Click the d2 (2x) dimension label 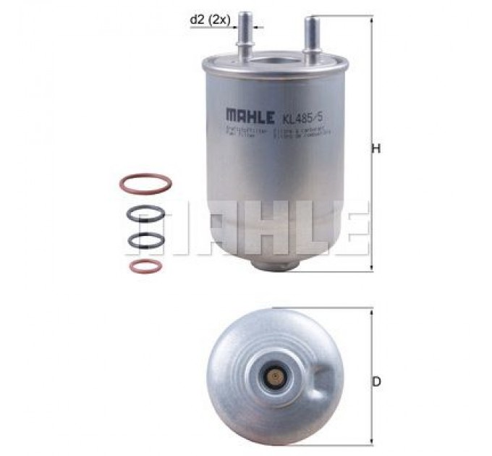point(209,21)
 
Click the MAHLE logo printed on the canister point(250,115)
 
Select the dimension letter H point(376,149)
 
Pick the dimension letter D point(377,381)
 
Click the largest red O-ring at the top point(145,183)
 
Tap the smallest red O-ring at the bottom point(145,266)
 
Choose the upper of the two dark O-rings point(145,214)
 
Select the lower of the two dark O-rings point(145,240)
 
